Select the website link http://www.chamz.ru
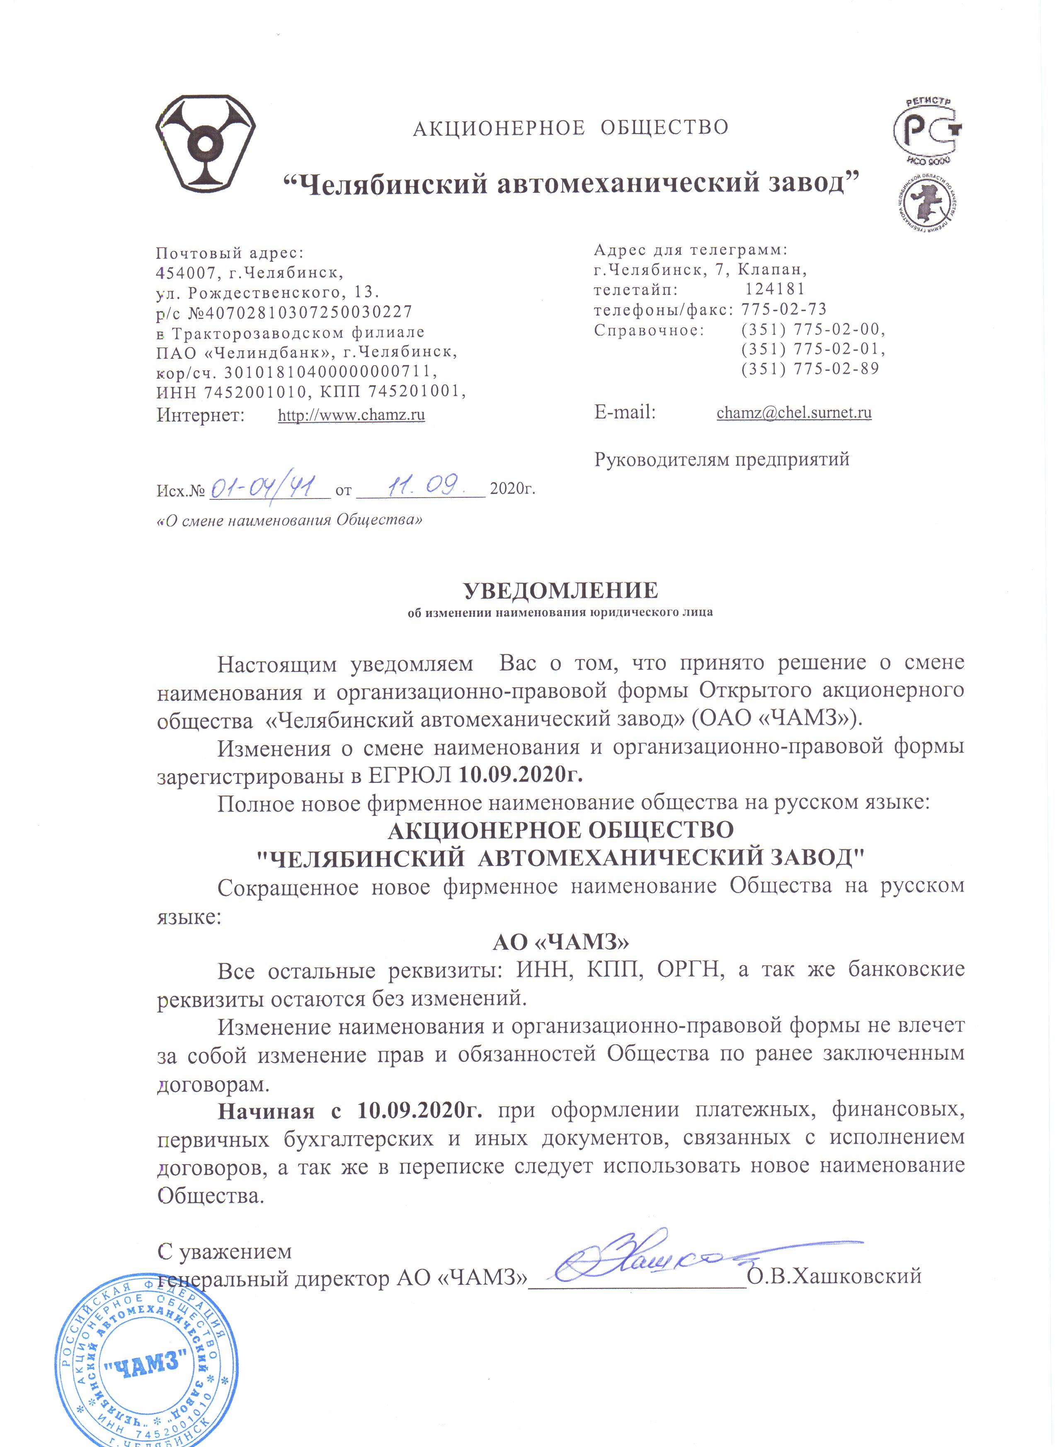click(351, 415)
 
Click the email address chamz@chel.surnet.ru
click(793, 412)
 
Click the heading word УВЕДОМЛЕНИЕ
click(560, 589)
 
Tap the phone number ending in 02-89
click(810, 369)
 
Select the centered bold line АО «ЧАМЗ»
click(560, 942)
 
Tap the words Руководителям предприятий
click(722, 459)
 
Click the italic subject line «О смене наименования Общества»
click(289, 520)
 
